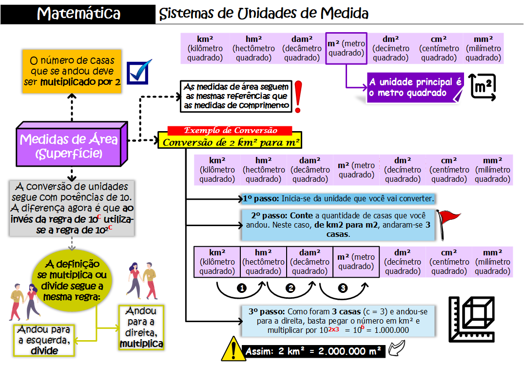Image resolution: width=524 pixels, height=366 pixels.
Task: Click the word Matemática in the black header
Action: [x=79, y=13]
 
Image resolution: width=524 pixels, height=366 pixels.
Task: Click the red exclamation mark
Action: [x=298, y=96]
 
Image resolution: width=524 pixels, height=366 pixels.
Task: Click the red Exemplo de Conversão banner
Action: [x=230, y=131]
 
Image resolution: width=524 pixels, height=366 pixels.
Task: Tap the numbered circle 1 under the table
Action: [x=241, y=288]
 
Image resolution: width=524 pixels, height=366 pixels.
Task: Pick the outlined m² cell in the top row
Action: [x=346, y=48]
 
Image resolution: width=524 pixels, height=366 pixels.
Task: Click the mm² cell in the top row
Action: [x=483, y=48]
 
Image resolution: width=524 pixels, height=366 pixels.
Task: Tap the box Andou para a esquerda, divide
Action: [x=44, y=340]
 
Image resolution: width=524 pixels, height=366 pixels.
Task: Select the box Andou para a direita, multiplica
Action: [x=141, y=327]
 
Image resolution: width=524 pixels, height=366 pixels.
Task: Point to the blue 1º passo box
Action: [x=338, y=199]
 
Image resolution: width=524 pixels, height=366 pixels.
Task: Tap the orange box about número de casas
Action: [x=72, y=71]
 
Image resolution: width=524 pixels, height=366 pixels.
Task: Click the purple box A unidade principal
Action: [x=415, y=87]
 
